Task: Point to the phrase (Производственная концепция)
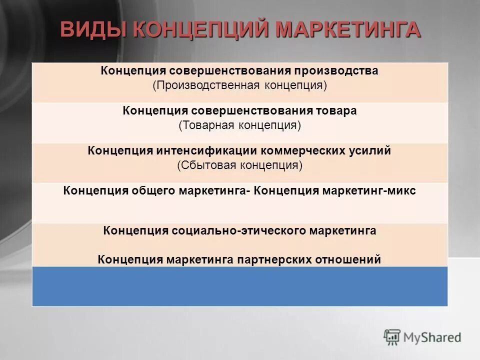click(240, 85)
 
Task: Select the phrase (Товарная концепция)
click(240, 125)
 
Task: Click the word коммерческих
click(308, 150)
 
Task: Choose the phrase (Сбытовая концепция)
click(240, 165)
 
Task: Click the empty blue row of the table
click(240, 286)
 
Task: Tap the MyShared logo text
click(432, 337)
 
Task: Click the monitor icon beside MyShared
click(392, 337)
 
